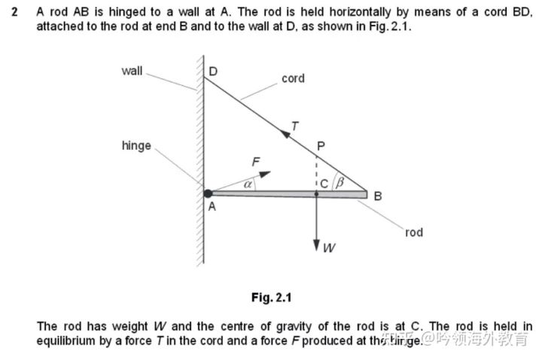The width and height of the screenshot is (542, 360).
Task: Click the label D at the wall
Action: tap(213, 72)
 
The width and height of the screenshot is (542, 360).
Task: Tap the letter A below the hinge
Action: tap(212, 208)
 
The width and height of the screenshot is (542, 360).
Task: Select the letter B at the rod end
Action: tap(378, 196)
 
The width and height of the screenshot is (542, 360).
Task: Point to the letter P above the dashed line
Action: tap(321, 145)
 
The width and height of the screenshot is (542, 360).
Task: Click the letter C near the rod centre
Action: tap(324, 182)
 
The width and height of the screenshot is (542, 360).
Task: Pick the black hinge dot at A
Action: tap(209, 194)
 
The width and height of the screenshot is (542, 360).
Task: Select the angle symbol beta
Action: tap(340, 182)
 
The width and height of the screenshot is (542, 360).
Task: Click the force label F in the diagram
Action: tap(255, 160)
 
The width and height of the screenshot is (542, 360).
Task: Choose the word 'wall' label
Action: tap(132, 71)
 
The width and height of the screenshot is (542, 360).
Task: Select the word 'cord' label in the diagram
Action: tap(293, 78)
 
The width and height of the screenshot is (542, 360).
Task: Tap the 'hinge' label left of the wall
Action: tap(136, 145)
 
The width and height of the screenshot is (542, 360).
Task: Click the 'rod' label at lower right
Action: tap(414, 233)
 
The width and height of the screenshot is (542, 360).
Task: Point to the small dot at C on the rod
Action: tap(316, 194)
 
